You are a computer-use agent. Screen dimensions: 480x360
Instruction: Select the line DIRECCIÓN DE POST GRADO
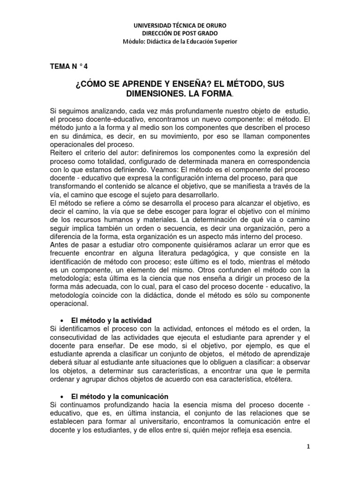[180, 33]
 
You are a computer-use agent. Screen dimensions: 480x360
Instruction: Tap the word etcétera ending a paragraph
[278, 380]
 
